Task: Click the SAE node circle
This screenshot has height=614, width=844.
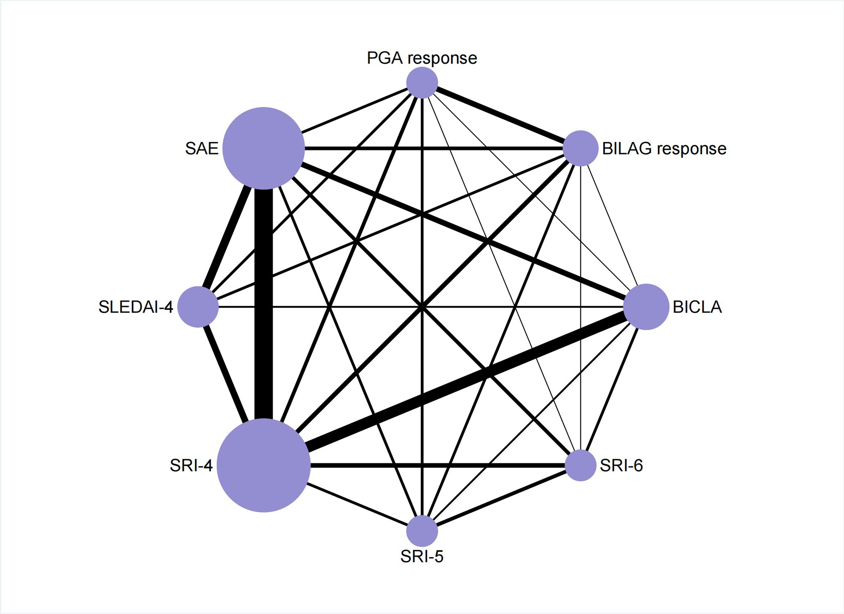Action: [x=263, y=148]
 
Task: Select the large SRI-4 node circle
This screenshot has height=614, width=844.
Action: [x=263, y=465]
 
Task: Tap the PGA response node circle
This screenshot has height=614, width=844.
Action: [x=422, y=82]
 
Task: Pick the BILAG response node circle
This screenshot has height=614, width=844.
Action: [x=581, y=148]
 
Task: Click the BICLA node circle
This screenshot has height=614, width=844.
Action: [x=646, y=307]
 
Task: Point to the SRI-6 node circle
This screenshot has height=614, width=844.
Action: [x=581, y=465]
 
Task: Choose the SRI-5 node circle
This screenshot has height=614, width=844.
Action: [x=422, y=531]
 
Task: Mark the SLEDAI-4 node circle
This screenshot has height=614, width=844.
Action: [x=198, y=307]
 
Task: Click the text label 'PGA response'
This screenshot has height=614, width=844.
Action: [x=422, y=58]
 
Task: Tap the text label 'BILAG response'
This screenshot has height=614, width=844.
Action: [x=664, y=149]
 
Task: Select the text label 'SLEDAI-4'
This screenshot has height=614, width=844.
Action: [x=135, y=307]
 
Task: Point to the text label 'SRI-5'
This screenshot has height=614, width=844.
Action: [x=422, y=557]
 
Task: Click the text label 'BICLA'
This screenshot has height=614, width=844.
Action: [x=697, y=307]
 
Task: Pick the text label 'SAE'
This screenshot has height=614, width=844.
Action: [x=202, y=149]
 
